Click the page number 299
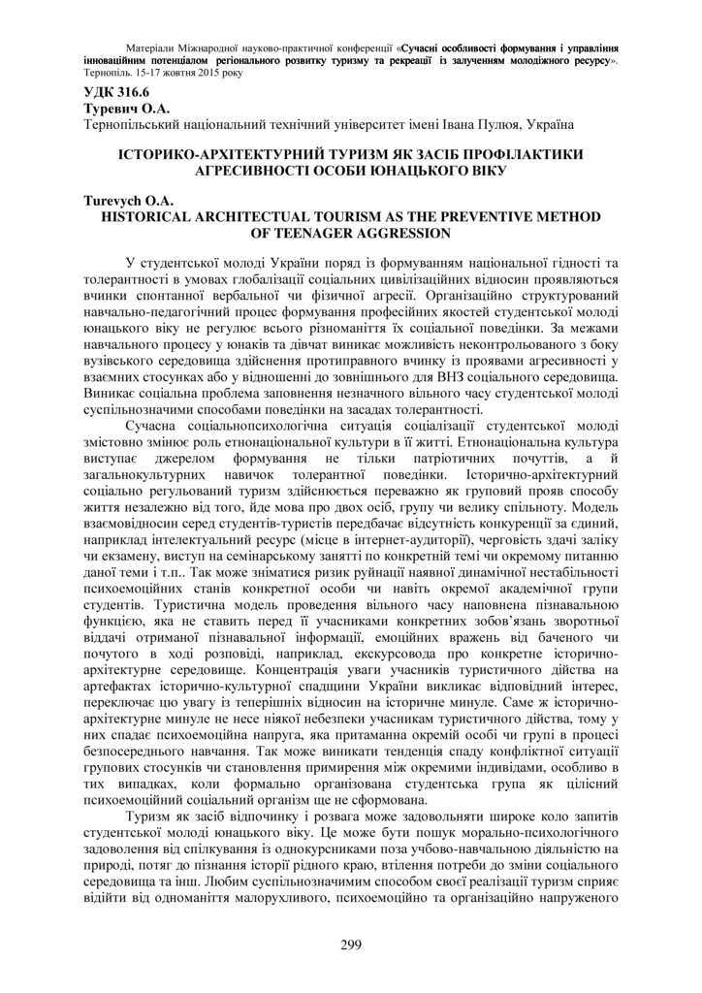coord(351,945)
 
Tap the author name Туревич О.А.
coord(113,109)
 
